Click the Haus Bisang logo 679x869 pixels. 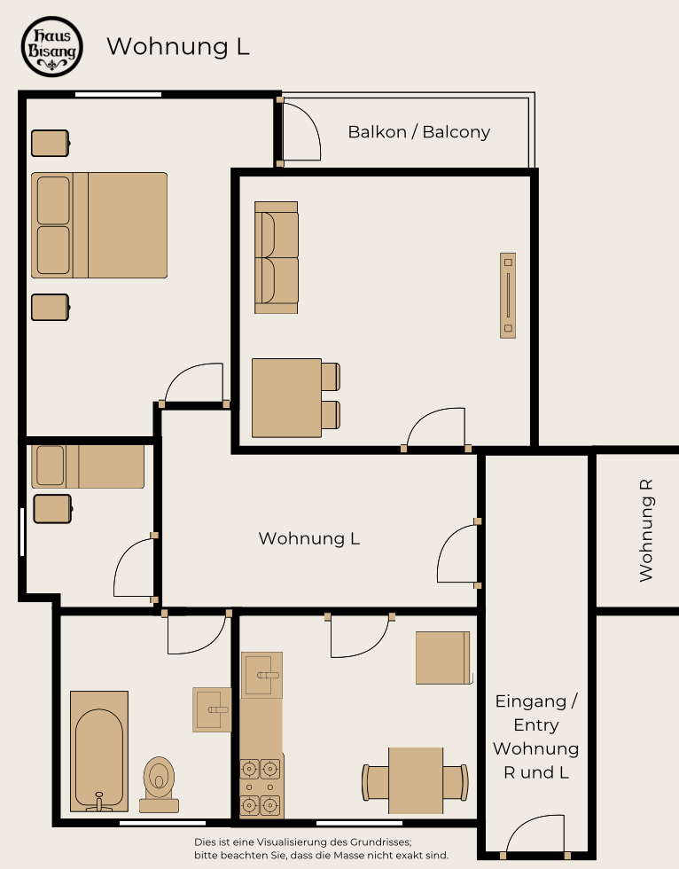pyautogui.click(x=52, y=46)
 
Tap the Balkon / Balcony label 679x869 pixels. pyautogui.click(x=419, y=132)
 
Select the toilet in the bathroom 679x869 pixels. pyautogui.click(x=159, y=784)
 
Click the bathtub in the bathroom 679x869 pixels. pyautogui.click(x=99, y=751)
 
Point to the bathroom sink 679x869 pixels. pyautogui.click(x=212, y=710)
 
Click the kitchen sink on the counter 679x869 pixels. pyautogui.click(x=262, y=675)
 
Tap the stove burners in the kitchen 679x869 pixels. pyautogui.click(x=260, y=787)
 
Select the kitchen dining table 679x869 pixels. pyautogui.click(x=416, y=781)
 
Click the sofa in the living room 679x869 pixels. pyautogui.click(x=277, y=258)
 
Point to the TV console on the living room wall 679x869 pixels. pyautogui.click(x=508, y=295)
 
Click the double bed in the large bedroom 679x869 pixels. pyautogui.click(x=99, y=225)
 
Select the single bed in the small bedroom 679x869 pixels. pyautogui.click(x=88, y=466)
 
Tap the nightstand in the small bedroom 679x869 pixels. pyautogui.click(x=52, y=509)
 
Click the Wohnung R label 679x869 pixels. pyautogui.click(x=646, y=530)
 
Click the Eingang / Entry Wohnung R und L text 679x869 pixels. pyautogui.click(x=536, y=737)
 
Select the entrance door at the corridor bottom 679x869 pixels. pyautogui.click(x=535, y=834)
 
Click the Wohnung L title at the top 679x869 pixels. pyautogui.click(x=178, y=46)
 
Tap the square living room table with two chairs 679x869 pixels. pyautogui.click(x=296, y=398)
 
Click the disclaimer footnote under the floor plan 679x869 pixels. pyautogui.click(x=321, y=849)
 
